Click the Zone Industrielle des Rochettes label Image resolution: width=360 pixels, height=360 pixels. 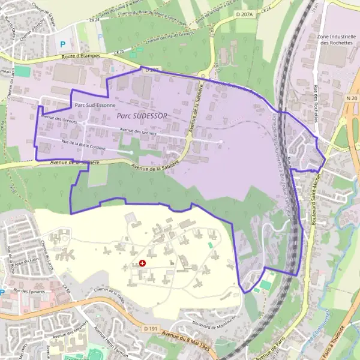[x=335, y=40]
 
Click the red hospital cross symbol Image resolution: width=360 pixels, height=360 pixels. [x=142, y=263]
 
